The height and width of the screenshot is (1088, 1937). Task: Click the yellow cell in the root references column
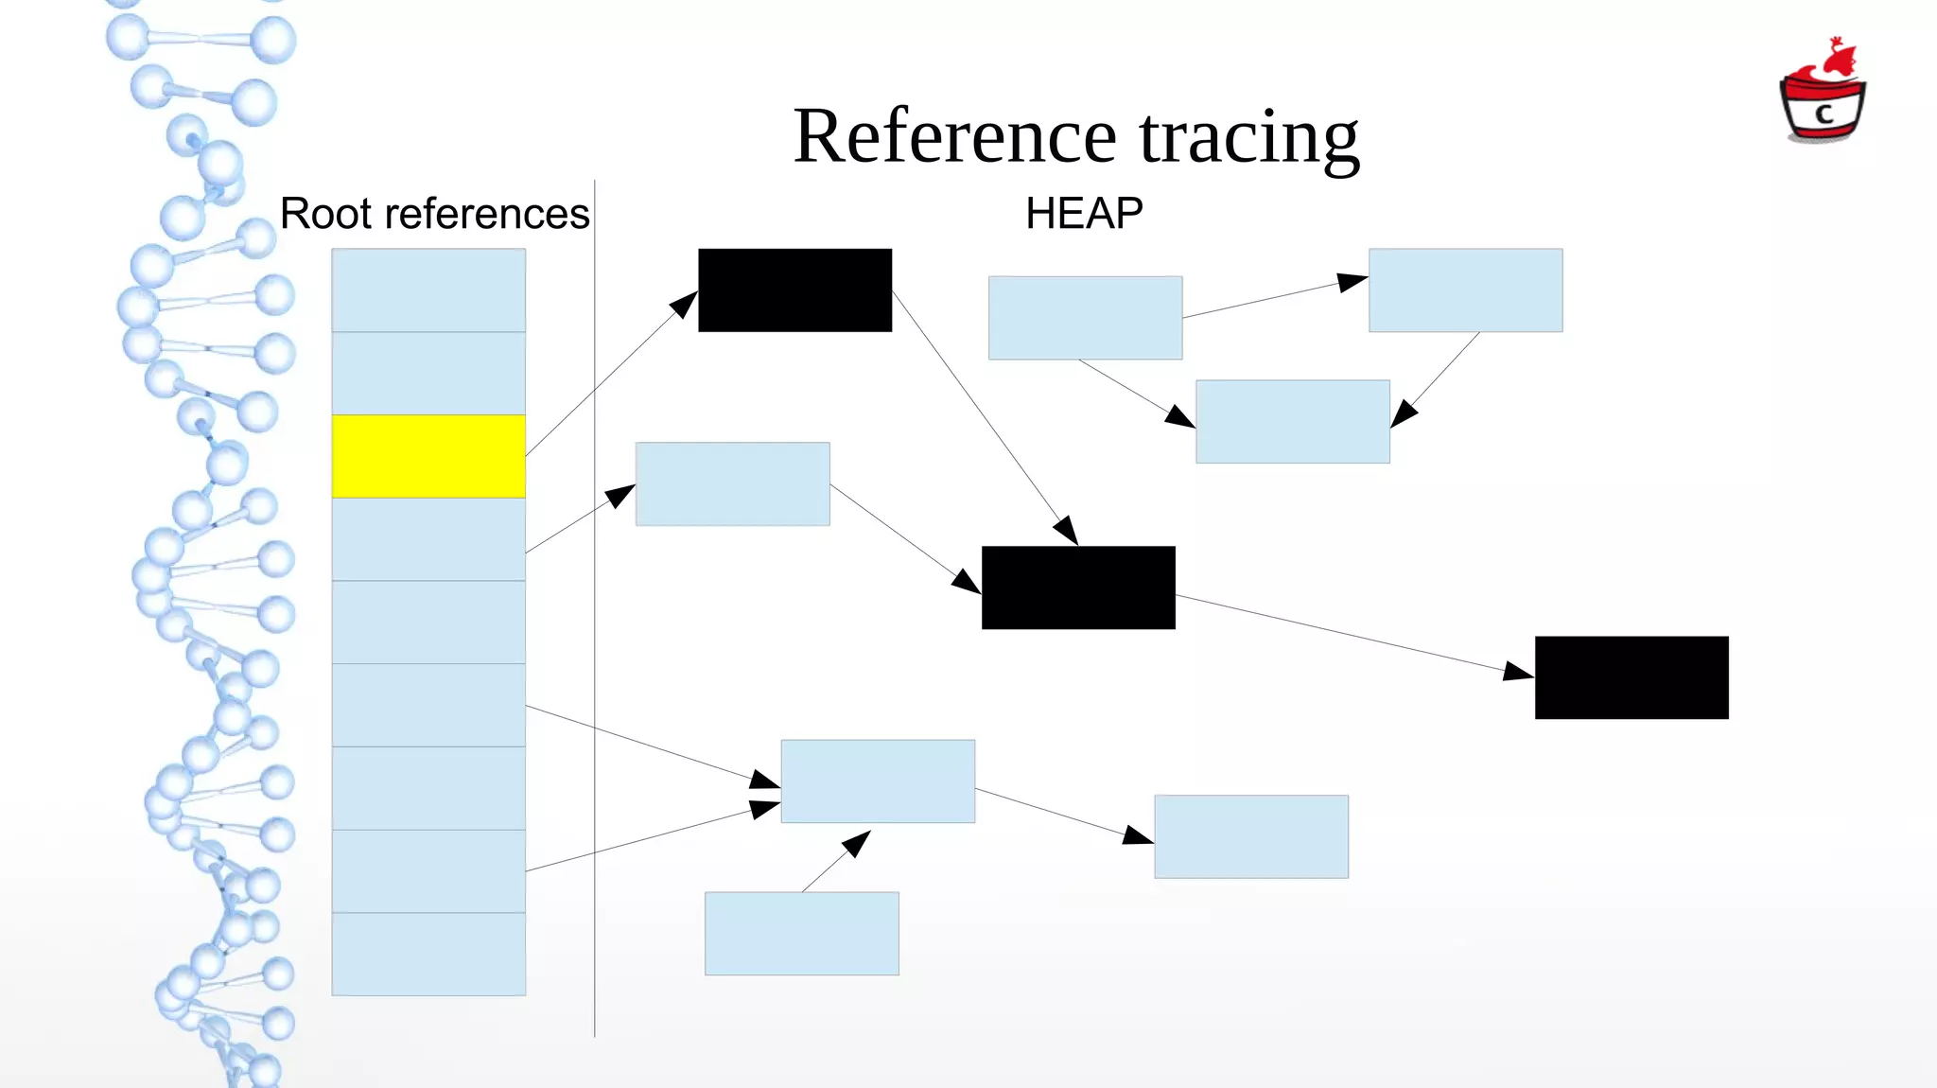428,456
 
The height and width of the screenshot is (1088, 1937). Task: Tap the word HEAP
1084,214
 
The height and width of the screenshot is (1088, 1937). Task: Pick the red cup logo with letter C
1823,95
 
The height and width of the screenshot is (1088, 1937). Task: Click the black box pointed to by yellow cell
794,290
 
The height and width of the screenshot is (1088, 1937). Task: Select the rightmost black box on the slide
1632,677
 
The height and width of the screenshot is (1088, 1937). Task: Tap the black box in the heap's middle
1078,588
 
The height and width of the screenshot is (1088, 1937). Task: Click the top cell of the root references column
428,290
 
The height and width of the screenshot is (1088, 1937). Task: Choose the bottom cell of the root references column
428,954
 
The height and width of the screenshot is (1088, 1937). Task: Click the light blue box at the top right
1465,290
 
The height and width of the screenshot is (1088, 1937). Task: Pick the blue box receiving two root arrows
878,781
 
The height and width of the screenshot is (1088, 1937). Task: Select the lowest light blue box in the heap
801,934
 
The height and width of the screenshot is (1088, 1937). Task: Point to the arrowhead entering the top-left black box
685,305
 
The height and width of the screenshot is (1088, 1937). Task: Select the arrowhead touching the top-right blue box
1353,281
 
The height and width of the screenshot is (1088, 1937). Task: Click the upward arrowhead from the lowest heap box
857,841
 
